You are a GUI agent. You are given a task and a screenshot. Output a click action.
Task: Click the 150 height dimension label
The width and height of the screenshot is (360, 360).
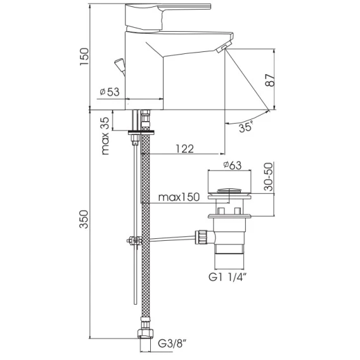tap(84, 56)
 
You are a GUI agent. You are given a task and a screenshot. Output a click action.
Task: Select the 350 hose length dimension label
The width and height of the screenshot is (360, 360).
tap(84, 219)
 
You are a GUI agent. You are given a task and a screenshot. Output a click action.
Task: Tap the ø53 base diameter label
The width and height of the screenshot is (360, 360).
tap(110, 92)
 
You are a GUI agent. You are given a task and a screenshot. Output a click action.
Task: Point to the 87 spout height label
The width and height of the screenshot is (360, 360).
tap(270, 80)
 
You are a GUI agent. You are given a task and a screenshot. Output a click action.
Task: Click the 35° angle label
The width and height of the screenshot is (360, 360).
tap(246, 127)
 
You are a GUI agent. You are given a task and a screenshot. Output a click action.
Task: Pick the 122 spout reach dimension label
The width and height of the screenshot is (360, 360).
tap(185, 149)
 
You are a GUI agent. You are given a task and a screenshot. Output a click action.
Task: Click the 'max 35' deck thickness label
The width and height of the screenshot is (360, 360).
tap(105, 136)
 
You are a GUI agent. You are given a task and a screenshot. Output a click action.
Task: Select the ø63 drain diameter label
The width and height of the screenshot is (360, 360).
tap(233, 165)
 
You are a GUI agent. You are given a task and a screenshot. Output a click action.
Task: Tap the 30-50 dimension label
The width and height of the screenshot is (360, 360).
tap(268, 177)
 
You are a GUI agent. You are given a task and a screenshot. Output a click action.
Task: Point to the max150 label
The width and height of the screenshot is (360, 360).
tap(179, 197)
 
